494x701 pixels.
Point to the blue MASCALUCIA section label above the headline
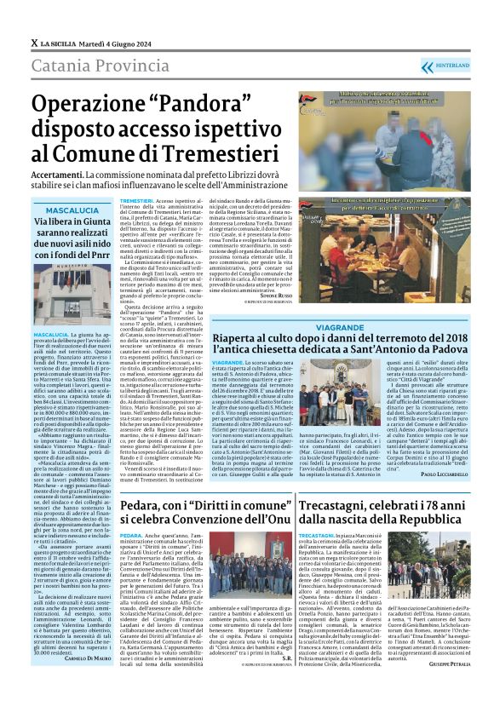point(72,210)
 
